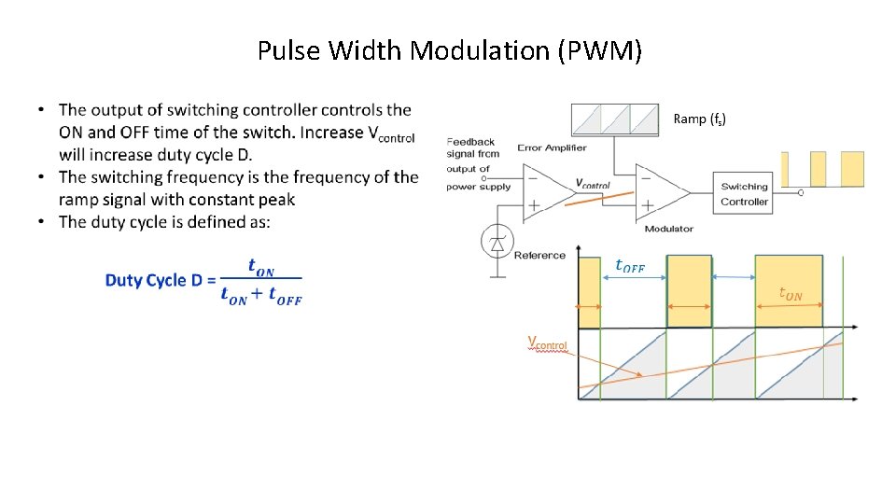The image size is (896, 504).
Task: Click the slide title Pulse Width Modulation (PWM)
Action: (449, 50)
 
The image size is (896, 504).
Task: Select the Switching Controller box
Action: (744, 194)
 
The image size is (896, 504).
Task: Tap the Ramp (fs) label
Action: (699, 119)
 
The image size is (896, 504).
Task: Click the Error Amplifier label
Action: (552, 147)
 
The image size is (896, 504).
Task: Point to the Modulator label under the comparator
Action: (668, 229)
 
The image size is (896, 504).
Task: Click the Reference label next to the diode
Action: (539, 255)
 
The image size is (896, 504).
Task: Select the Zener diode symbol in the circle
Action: (497, 243)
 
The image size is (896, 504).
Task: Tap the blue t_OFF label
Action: (629, 267)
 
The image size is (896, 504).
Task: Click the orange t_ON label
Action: (790, 294)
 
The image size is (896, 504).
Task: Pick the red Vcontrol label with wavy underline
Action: (547, 343)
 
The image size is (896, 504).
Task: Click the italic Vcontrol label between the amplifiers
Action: (593, 184)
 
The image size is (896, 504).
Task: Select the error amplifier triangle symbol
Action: (545, 192)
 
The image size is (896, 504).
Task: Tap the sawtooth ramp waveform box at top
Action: (614, 119)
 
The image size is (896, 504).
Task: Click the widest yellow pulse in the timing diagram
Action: (789, 290)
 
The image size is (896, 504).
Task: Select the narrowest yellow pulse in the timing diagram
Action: (589, 292)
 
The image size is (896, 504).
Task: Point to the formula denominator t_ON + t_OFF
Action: (261, 296)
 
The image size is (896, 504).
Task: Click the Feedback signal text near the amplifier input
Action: (472, 147)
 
